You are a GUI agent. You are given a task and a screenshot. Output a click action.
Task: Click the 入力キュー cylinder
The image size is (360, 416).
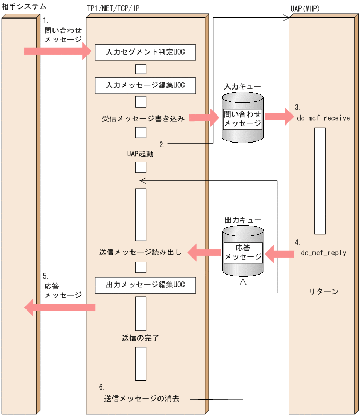(242, 117)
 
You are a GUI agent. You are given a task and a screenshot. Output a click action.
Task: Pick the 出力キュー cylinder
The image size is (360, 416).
(242, 252)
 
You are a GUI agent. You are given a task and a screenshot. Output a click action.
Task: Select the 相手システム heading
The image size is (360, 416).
(24, 7)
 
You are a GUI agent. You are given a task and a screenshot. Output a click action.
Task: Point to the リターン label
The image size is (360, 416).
(323, 292)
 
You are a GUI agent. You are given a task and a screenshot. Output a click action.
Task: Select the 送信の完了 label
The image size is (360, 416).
(141, 337)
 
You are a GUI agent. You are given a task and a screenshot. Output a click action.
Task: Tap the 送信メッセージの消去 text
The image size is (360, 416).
(142, 399)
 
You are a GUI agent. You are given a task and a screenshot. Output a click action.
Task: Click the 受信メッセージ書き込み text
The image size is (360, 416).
(143, 118)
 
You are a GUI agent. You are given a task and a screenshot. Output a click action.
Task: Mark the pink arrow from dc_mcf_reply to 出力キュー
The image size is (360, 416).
(279, 254)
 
